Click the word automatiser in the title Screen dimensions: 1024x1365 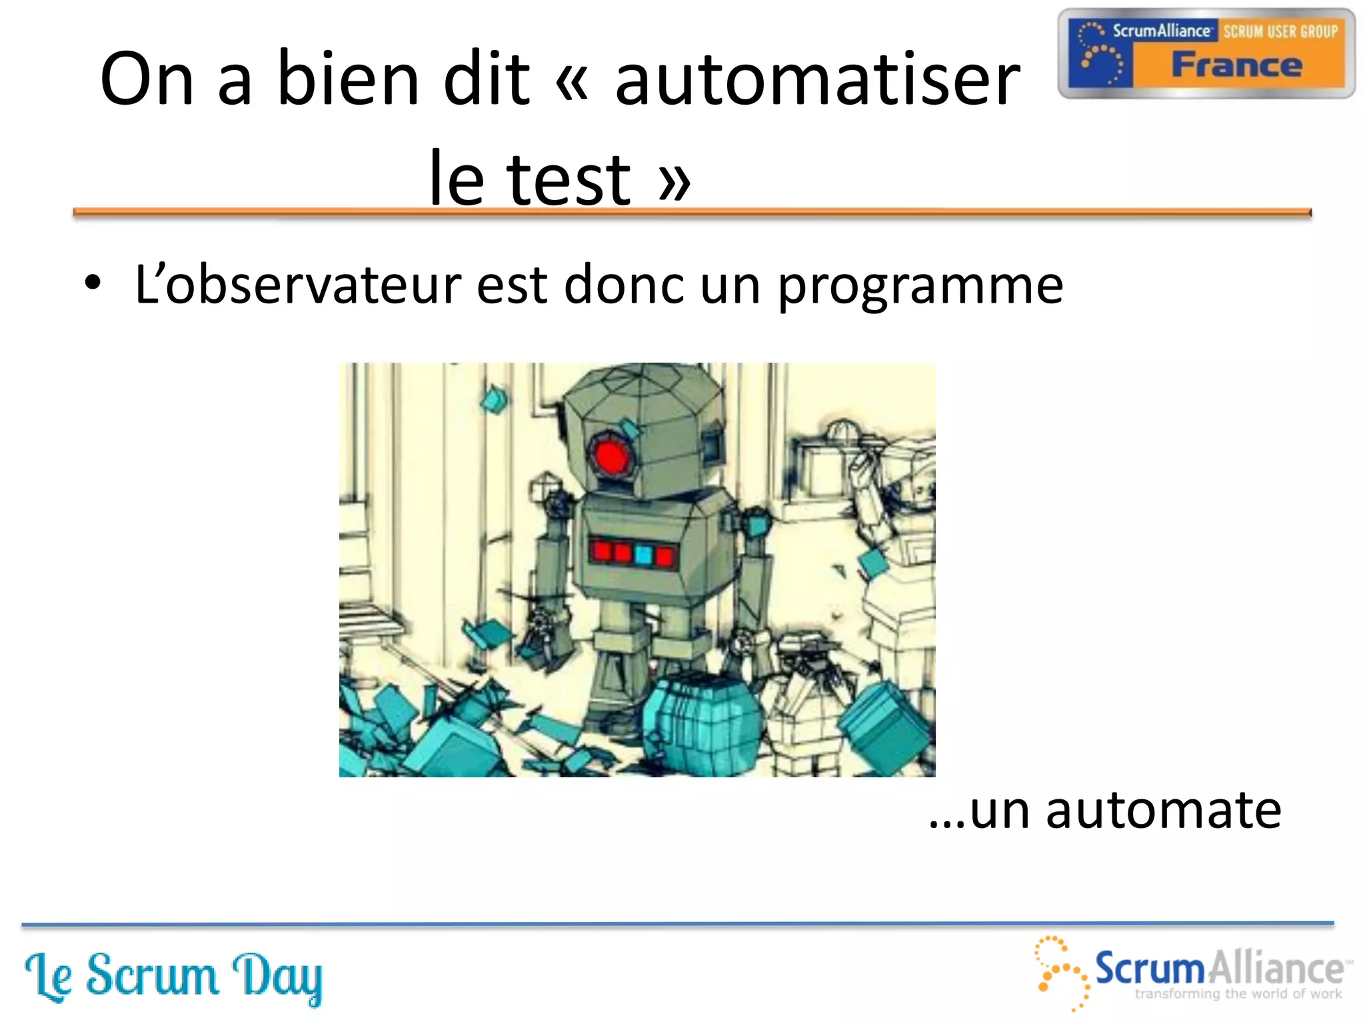point(817,80)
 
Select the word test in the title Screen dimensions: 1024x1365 point(568,179)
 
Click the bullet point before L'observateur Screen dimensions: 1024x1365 point(93,283)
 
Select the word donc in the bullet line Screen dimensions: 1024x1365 point(624,285)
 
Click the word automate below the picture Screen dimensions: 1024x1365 point(1163,810)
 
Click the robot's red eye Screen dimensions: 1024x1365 point(611,456)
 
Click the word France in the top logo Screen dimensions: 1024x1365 point(1237,65)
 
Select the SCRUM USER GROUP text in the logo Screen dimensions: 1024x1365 point(1280,31)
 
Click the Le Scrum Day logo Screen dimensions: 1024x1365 point(173,977)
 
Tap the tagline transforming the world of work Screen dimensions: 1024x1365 point(1238,994)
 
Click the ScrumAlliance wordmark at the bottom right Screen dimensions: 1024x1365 point(1220,969)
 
